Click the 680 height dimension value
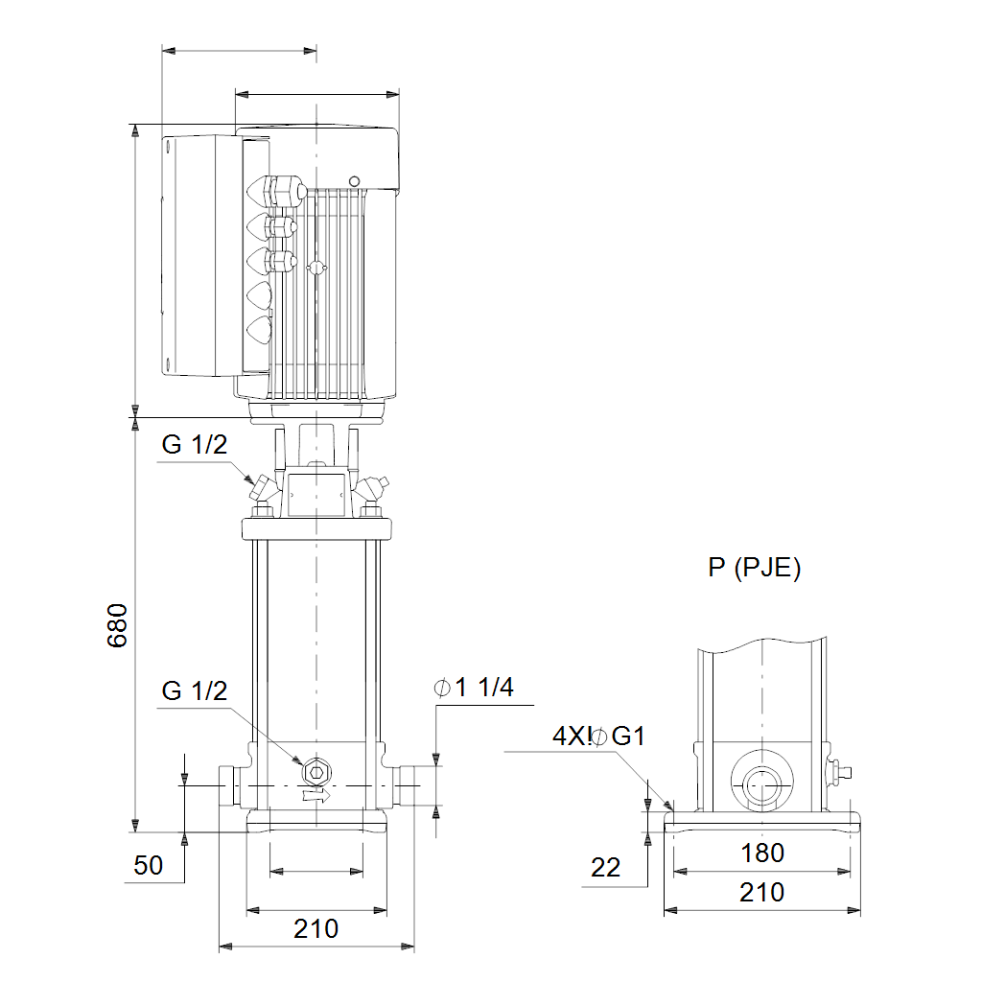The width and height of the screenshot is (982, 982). click(117, 625)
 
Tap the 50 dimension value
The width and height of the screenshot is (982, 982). click(149, 865)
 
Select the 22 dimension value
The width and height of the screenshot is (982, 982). click(606, 867)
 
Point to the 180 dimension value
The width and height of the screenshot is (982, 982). click(762, 853)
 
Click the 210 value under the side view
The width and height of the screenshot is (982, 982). click(761, 893)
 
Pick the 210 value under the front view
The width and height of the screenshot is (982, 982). click(316, 928)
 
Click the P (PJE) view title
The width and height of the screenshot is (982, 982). click(755, 568)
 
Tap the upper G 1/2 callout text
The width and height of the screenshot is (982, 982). click(194, 445)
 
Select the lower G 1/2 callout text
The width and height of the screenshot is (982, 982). click(194, 690)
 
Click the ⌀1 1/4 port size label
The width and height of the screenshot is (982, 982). click(474, 688)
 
